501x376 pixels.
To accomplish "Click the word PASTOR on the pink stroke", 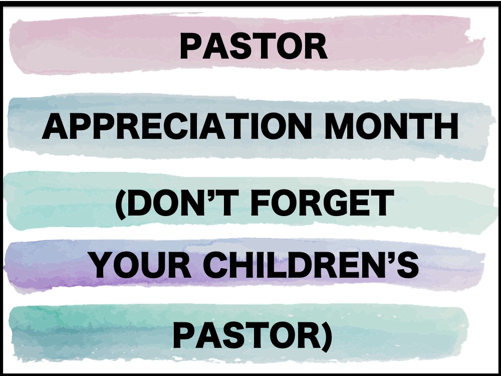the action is click(254, 47).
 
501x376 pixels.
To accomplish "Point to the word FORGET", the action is click(322, 203).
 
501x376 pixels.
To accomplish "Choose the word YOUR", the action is click(141, 265).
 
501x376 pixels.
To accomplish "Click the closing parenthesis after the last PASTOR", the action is click(327, 337).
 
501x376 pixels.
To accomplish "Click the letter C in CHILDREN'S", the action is click(215, 265).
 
